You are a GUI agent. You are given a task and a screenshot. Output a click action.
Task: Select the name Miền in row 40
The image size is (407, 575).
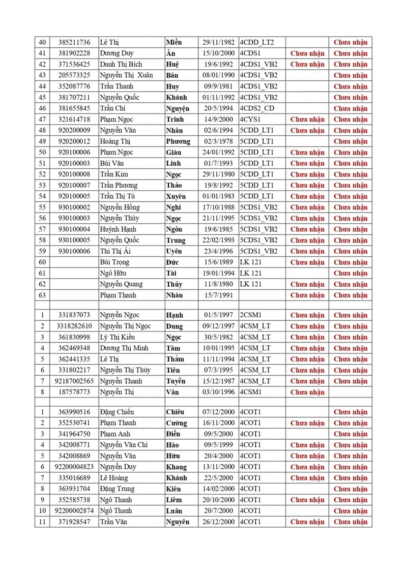[x=173, y=43]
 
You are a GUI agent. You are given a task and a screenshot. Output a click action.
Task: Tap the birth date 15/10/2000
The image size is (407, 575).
[x=218, y=53]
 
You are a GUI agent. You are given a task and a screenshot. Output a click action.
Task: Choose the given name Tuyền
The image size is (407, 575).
[x=176, y=381]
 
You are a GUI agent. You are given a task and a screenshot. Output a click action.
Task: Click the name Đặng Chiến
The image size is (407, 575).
[x=117, y=412]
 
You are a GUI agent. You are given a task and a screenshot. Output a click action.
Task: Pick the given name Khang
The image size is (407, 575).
[x=177, y=467]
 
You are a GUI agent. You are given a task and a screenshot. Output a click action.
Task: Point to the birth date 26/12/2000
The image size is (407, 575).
[x=218, y=522]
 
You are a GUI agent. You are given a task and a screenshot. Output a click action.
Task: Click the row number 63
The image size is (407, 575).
[x=42, y=295]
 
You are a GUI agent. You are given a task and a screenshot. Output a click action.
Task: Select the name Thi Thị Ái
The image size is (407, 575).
[x=115, y=251]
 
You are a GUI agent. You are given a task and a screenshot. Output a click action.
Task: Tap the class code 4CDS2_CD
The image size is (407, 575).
[x=257, y=108]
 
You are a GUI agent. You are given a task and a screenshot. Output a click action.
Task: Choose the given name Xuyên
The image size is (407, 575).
[x=176, y=196]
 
